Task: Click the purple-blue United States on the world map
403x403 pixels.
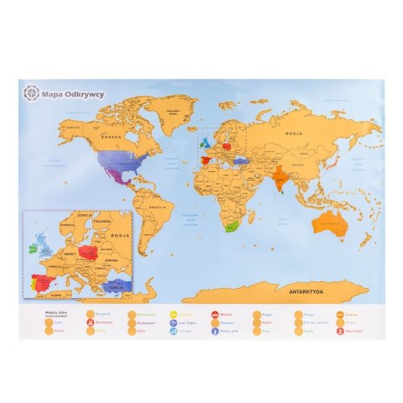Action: pyautogui.click(x=115, y=161)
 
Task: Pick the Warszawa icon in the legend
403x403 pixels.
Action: pyautogui.click(x=339, y=330)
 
